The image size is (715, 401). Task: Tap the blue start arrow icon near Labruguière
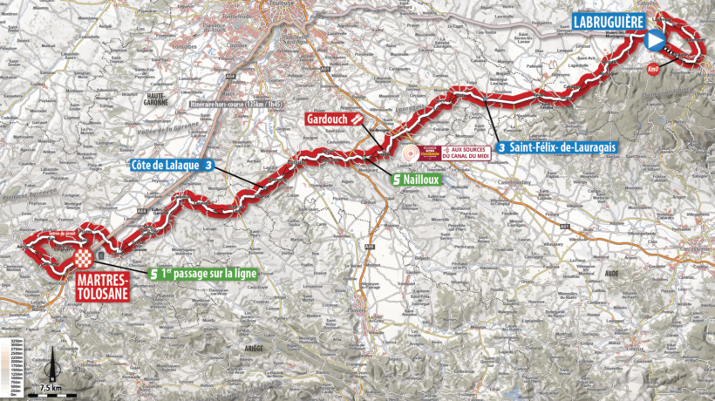pos(654,38)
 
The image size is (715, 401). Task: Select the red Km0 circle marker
pos(653,68)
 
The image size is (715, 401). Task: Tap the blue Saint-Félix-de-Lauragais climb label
pos(558,147)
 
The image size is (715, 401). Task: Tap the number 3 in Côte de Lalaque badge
pos(209,164)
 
